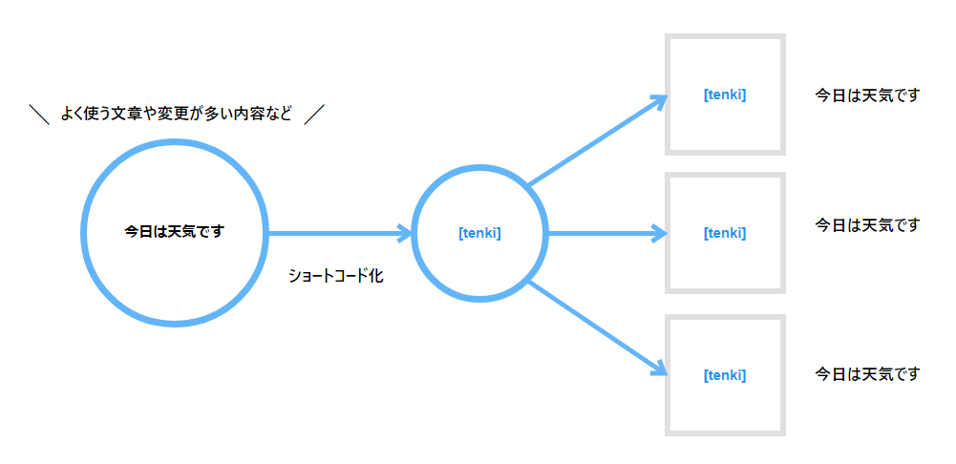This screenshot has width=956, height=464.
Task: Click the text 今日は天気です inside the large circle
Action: click(175, 232)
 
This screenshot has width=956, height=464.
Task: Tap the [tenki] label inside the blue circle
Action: click(479, 233)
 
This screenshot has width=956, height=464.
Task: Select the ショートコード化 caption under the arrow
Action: click(336, 276)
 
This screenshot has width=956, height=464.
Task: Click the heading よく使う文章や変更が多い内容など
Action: click(176, 114)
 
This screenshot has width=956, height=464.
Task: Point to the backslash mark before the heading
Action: click(39, 114)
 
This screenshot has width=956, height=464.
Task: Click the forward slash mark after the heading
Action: click(314, 114)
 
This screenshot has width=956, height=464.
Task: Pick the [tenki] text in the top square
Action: click(725, 95)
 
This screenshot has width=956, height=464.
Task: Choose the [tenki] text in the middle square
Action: click(725, 233)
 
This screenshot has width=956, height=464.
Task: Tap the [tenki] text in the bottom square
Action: click(725, 375)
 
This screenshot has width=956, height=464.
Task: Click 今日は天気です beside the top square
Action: click(867, 95)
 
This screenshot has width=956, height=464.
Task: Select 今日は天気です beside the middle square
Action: click(867, 225)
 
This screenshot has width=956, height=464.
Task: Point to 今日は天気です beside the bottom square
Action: click(867, 373)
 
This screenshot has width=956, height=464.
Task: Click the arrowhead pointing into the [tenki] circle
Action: click(407, 233)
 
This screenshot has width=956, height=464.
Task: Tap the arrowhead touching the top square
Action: click(660, 101)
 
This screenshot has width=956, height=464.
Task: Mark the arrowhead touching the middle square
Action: click(661, 233)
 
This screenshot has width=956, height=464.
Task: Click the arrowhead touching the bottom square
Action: click(660, 368)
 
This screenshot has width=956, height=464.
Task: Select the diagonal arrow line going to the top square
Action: click(598, 140)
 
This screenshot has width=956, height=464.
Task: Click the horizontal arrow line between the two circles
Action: click(341, 233)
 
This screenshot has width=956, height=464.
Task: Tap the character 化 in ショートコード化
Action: click(377, 276)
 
